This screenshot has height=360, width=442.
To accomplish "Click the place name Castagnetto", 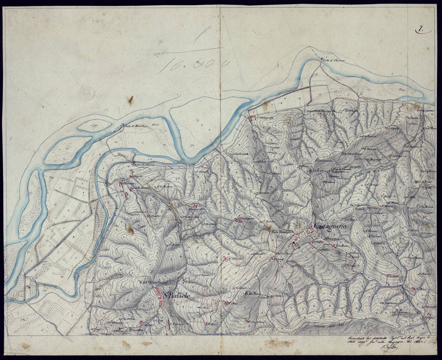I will (x=330, y=226).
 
